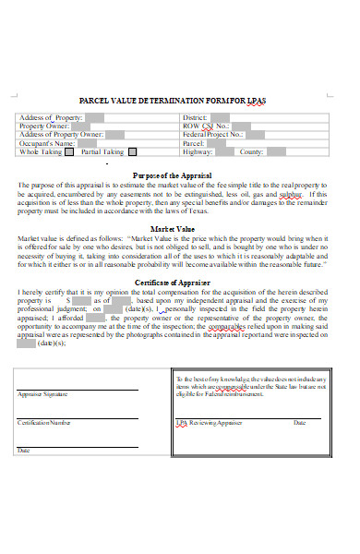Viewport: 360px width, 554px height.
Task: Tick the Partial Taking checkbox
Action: tap(132, 152)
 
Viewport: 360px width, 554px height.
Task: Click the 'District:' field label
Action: tap(195, 118)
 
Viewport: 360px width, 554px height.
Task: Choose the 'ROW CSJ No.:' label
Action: tap(203, 126)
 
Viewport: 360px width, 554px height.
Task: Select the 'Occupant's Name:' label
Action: tap(46, 143)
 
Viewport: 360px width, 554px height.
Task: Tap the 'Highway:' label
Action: tap(198, 151)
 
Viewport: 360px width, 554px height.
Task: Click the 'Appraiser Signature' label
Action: tap(42, 393)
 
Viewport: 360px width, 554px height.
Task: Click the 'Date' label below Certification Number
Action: tap(23, 452)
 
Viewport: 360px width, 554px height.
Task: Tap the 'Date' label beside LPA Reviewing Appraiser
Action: tap(299, 423)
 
